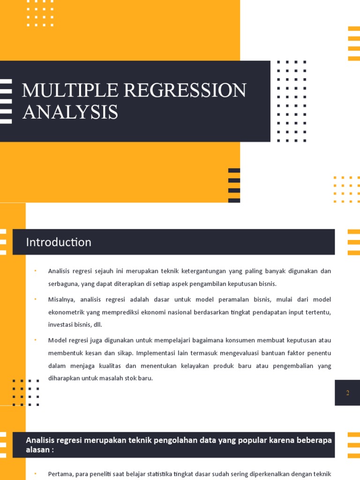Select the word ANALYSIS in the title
tap(70, 112)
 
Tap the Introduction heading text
tap(59, 242)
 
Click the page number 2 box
tap(347, 393)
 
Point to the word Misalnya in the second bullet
tap(61, 299)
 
